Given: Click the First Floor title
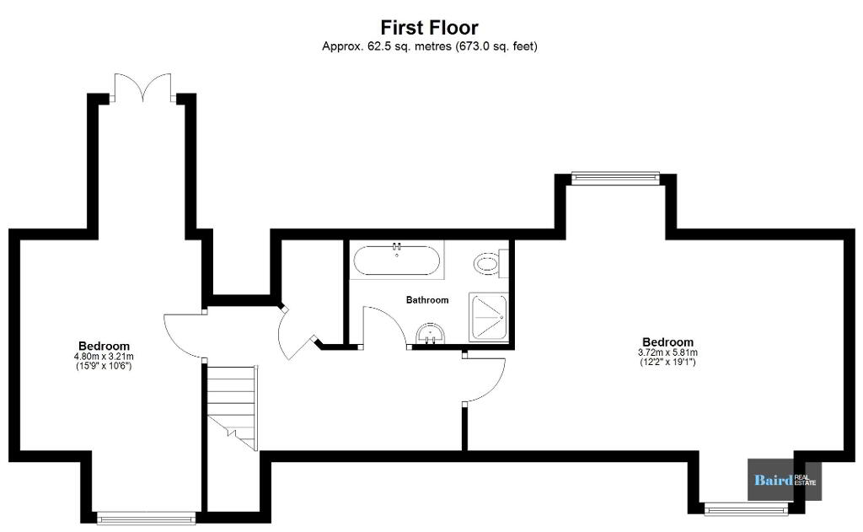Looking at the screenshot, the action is click(x=429, y=27).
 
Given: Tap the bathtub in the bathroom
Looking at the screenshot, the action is click(x=396, y=260).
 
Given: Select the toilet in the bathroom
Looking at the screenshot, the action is click(x=488, y=263).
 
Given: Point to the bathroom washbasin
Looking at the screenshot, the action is click(x=430, y=334).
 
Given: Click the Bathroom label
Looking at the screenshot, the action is click(x=427, y=300).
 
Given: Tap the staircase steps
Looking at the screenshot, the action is click(x=232, y=407).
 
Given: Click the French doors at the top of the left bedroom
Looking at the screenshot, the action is click(x=143, y=88).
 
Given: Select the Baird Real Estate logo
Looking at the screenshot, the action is click(x=785, y=480).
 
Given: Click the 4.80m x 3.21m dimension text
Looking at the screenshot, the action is click(x=104, y=357).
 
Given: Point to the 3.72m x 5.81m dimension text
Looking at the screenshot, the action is click(x=667, y=352).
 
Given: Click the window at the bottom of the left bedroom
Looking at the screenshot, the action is click(x=147, y=518).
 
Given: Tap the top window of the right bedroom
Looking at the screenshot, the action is click(x=615, y=177).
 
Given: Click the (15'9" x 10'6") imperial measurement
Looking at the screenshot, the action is click(x=104, y=365).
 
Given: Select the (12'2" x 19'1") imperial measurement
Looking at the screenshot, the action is click(x=667, y=362).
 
